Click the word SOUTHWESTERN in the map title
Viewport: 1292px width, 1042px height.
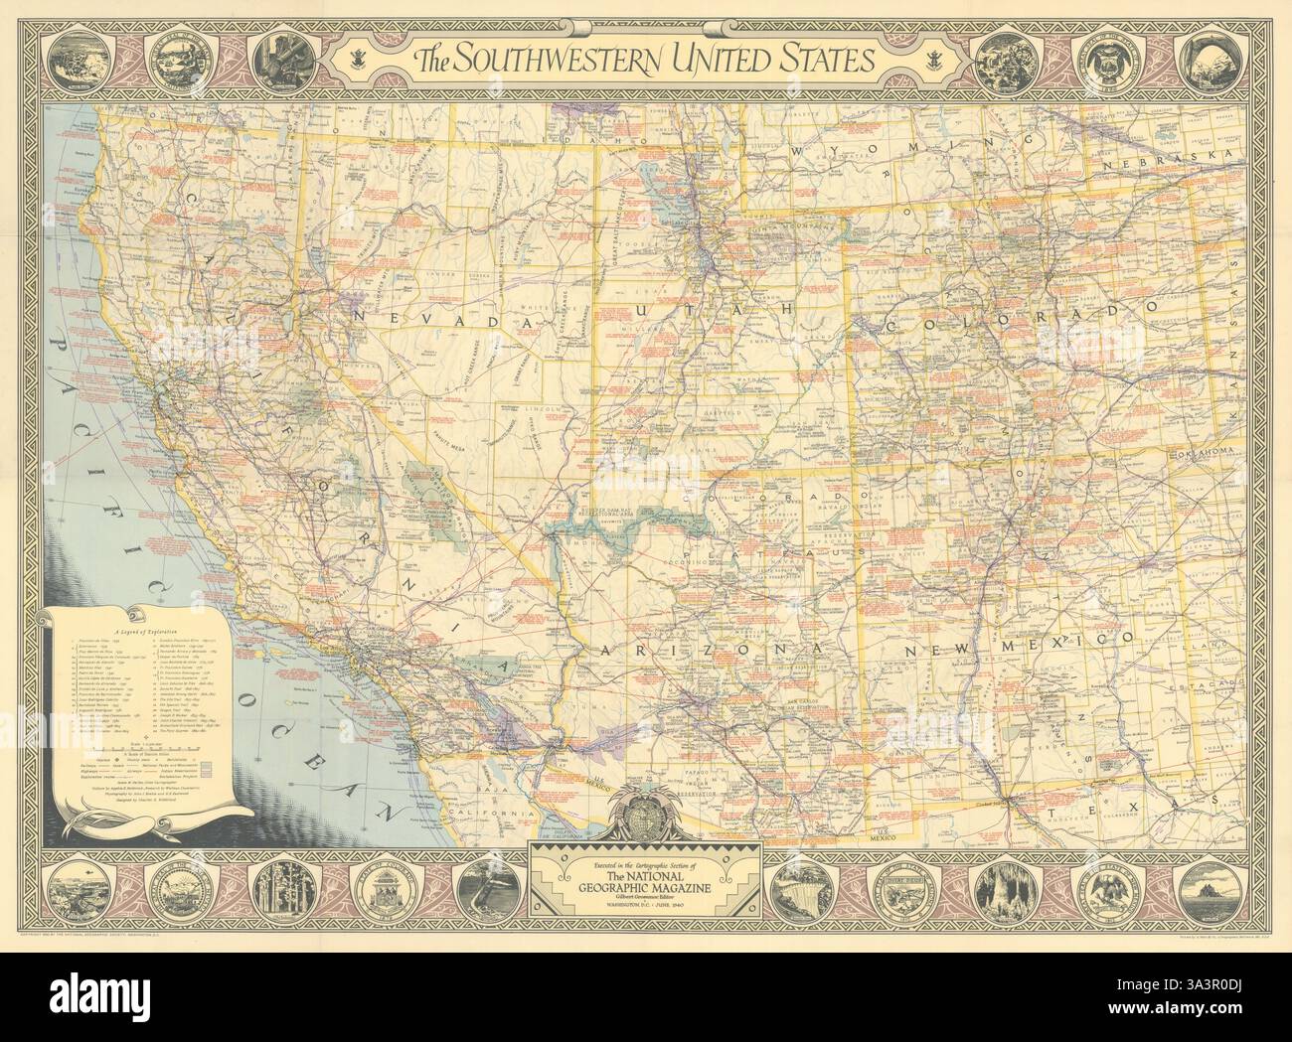tap(562, 62)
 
